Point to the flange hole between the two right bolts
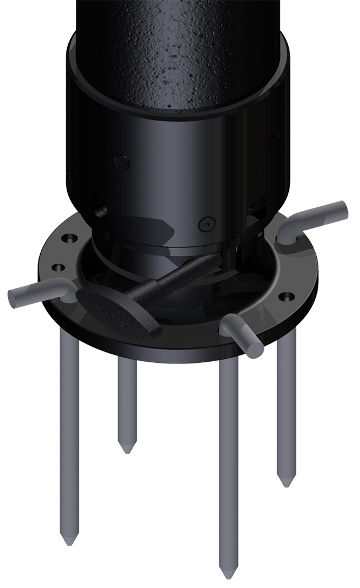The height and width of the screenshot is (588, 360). click(286, 297)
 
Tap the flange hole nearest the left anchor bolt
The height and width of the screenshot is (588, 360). click(57, 268)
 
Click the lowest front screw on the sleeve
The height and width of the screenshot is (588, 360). click(206, 223)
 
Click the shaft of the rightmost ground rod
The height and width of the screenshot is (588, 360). click(285, 402)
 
